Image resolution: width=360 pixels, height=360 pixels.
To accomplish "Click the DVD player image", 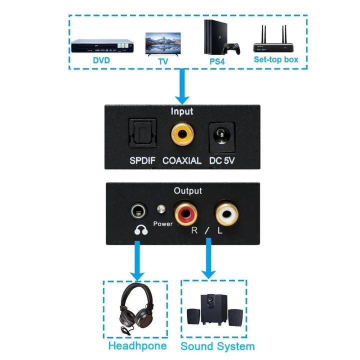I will (x=102, y=45).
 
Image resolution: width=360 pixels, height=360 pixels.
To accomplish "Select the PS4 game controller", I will (x=231, y=48).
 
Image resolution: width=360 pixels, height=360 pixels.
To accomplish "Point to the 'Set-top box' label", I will (x=276, y=59).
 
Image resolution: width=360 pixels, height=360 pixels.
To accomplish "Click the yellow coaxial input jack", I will (x=181, y=133).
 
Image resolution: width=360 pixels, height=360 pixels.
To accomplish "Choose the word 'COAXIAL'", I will (x=182, y=161).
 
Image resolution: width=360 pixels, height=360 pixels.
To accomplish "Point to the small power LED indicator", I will (x=161, y=210).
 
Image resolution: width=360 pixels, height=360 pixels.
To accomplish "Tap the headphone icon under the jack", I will (x=140, y=229).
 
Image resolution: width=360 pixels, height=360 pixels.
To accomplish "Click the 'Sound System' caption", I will (x=217, y=346).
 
